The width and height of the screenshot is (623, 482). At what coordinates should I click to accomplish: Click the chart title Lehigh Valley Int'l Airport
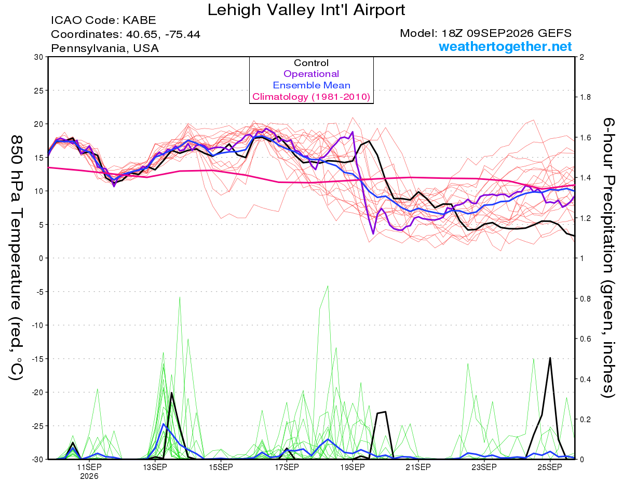point(306,10)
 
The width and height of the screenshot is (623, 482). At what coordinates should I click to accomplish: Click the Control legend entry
point(311,62)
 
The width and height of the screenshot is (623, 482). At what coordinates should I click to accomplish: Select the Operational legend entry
point(311,74)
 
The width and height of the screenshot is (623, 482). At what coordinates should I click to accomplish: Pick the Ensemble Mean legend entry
point(311,85)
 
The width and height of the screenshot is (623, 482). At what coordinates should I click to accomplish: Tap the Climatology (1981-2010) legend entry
point(311,97)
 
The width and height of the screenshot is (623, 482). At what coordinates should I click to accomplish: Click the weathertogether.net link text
point(505,46)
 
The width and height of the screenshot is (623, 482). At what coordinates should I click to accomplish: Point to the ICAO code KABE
point(139,20)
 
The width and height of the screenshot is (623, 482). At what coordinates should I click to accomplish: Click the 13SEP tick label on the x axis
point(155,467)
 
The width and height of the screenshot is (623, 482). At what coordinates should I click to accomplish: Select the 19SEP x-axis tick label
point(353,467)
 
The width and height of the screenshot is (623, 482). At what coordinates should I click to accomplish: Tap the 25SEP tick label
point(550,467)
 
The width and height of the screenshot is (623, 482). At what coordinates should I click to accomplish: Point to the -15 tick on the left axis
point(37,359)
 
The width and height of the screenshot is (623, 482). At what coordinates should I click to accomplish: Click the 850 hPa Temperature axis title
point(17,258)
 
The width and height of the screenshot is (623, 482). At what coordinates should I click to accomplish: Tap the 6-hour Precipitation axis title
point(608,257)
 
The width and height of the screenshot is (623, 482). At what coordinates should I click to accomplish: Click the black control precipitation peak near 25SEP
point(550,358)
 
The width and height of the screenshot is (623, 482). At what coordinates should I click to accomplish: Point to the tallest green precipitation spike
point(328,286)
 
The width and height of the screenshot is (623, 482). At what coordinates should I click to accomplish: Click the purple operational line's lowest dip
point(373,233)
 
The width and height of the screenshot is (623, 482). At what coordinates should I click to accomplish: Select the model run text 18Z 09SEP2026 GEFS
point(506,33)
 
